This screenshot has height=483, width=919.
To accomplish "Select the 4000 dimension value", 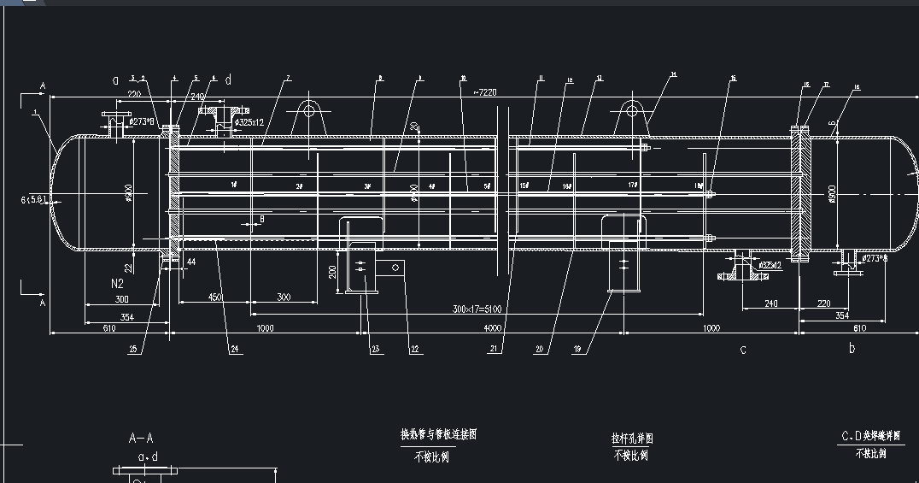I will pyautogui.click(x=492, y=328).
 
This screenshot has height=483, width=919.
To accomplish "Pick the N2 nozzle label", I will pyautogui.click(x=120, y=282).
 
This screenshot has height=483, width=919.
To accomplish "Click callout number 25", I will pyautogui.click(x=133, y=349).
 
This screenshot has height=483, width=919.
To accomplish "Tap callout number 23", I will pyautogui.click(x=374, y=349).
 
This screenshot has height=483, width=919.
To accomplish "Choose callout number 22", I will pyautogui.click(x=415, y=349).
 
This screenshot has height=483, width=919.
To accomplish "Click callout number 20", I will pyautogui.click(x=540, y=349).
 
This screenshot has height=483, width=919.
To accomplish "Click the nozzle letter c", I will pyautogui.click(x=742, y=349).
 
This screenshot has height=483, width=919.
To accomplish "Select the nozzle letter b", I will pyautogui.click(x=852, y=349).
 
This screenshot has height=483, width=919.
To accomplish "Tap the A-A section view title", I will pyautogui.click(x=141, y=439).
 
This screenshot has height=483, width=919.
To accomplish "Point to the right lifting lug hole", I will pyautogui.click(x=631, y=109).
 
